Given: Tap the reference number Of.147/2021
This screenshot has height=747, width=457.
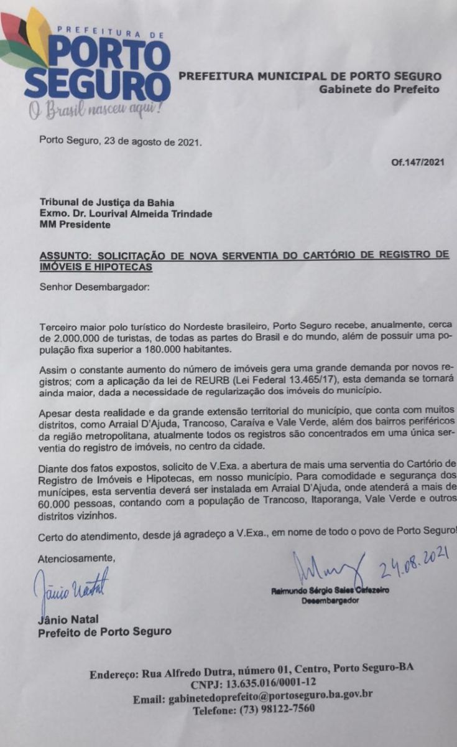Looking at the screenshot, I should coord(418,163).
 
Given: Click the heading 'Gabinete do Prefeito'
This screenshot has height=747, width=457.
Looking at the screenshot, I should coord(379,89).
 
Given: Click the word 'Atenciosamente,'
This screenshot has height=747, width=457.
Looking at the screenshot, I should coord(77,557).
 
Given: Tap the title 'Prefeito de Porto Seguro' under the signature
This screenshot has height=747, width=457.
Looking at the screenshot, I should coord(104,632).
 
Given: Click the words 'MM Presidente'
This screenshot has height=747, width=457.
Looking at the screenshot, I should coord(75,225).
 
